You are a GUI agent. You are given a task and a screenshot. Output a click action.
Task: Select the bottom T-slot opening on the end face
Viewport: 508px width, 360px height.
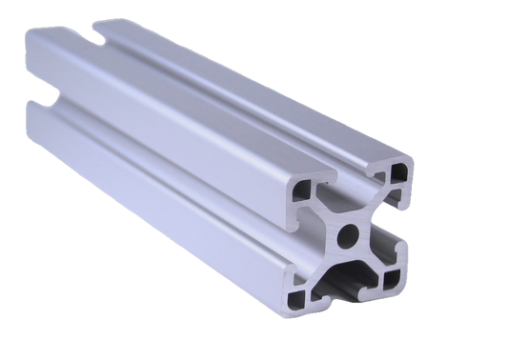tap(348, 286)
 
